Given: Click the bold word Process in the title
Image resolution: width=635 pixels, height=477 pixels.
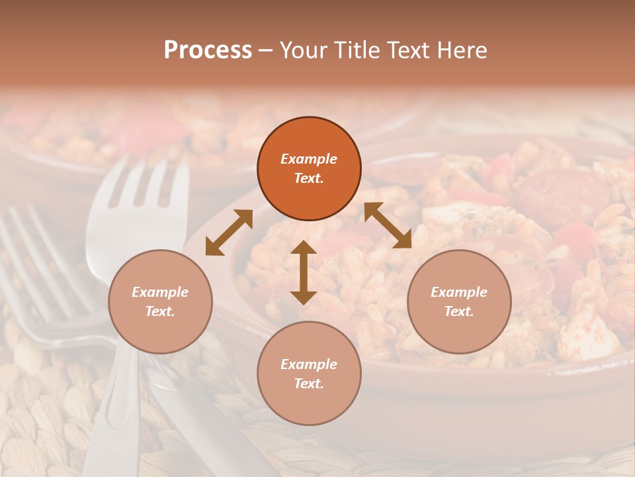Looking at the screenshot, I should (x=208, y=50).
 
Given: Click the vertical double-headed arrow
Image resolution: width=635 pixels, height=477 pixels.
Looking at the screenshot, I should (x=304, y=272).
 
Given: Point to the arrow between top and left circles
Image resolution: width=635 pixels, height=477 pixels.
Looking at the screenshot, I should (x=229, y=233).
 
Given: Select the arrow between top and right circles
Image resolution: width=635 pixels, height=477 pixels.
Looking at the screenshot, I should (x=388, y=225).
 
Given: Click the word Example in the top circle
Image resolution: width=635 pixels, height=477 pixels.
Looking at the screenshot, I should (x=309, y=159).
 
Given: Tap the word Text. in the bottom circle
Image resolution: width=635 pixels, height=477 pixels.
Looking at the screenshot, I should (x=309, y=384).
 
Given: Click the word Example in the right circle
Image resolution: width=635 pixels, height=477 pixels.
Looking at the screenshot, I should (x=459, y=292).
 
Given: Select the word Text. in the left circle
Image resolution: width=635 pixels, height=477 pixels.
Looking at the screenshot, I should (x=160, y=311).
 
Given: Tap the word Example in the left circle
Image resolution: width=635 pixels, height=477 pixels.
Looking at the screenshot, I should (x=160, y=292).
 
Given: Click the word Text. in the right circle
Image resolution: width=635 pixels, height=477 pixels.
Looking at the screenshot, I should (x=459, y=311).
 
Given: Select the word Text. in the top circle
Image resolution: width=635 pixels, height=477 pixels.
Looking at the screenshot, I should (x=309, y=179).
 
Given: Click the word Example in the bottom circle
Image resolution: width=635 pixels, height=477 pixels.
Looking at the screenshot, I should (x=309, y=364).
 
